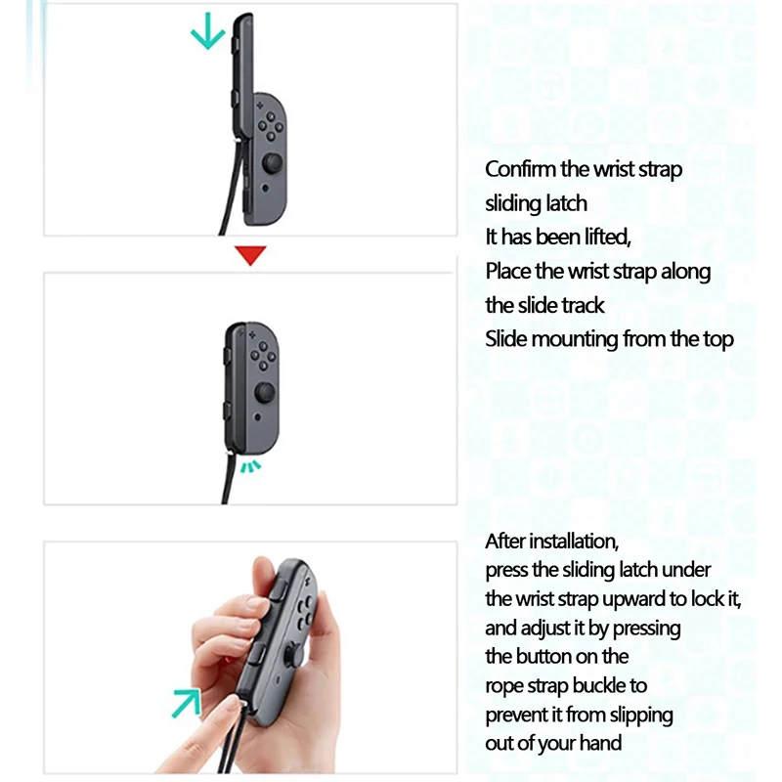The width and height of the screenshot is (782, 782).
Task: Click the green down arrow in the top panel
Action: (206, 35)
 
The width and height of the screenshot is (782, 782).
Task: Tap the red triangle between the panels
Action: (251, 255)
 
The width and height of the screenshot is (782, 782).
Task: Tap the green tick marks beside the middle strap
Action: (252, 465)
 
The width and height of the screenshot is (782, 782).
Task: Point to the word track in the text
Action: (580, 305)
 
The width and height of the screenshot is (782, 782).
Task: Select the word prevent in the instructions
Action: (518, 714)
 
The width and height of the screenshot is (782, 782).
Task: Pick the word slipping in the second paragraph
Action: (637, 714)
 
